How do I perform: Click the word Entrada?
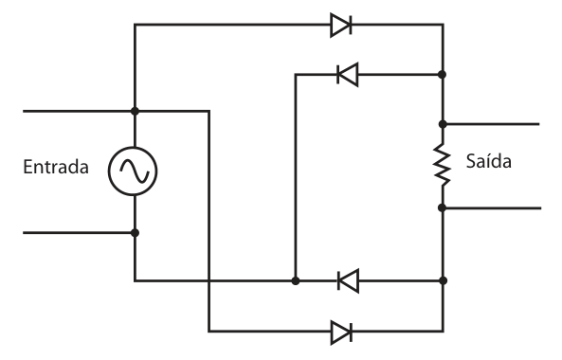(56, 167)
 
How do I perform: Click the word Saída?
(488, 161)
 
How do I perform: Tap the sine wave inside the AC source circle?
(134, 171)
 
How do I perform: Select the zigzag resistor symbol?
(443, 165)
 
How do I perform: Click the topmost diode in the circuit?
(341, 25)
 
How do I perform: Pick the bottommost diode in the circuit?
(341, 333)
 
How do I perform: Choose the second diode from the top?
(348, 75)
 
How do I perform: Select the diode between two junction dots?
(348, 280)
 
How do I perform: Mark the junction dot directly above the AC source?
(135, 111)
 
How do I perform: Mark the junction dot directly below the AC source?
(135, 233)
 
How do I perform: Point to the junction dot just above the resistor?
(443, 124)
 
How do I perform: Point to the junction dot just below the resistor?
(443, 207)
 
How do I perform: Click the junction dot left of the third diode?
(296, 280)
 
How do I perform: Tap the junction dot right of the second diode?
(443, 75)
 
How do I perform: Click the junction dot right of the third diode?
(443, 280)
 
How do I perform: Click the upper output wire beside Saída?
(491, 124)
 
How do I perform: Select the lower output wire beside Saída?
(492, 207)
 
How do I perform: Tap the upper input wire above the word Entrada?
(79, 112)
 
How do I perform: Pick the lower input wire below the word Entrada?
(79, 233)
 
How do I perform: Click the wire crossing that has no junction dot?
(208, 280)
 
